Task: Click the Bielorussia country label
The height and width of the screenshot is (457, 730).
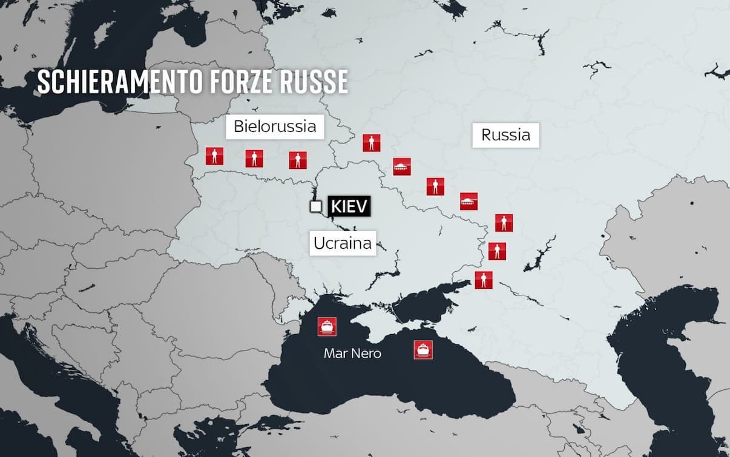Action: (275, 127)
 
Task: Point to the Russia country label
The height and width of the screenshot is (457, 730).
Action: (505, 135)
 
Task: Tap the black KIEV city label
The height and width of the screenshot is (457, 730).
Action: (349, 206)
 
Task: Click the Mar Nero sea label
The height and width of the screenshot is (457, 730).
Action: (352, 353)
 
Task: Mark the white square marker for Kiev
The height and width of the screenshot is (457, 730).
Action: (315, 206)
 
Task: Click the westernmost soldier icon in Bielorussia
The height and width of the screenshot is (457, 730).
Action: (214, 156)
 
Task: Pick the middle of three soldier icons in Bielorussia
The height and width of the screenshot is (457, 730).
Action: (254, 159)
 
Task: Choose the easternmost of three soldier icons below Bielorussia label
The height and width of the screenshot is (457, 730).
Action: (297, 160)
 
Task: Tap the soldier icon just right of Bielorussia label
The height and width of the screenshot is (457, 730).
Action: (372, 143)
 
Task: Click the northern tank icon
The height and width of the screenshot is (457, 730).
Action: (401, 166)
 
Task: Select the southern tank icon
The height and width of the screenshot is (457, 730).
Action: (469, 201)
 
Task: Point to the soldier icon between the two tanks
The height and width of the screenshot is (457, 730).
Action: (435, 186)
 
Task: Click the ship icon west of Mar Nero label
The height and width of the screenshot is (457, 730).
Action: (327, 327)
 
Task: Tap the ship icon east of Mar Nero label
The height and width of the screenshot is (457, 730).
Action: (423, 350)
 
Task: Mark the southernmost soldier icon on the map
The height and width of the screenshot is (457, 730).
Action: (483, 280)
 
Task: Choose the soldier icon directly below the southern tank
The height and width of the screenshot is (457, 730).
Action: (504, 223)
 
